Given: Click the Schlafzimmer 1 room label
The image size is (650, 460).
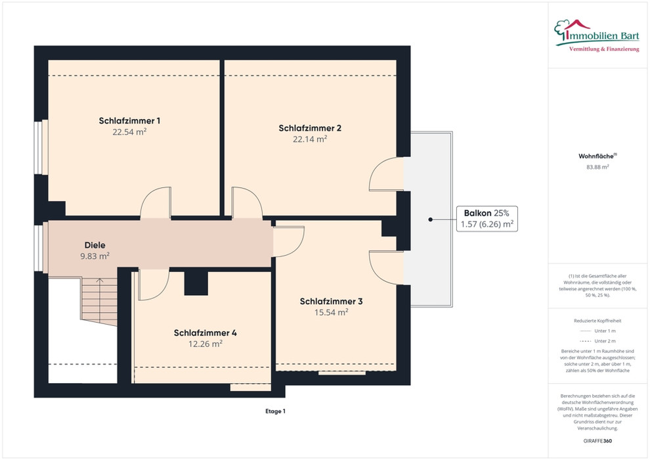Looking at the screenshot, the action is pyautogui.click(x=129, y=121).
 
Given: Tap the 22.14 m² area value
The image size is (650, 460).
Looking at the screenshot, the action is pyautogui.click(x=310, y=139).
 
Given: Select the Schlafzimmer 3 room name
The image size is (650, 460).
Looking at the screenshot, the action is pyautogui.click(x=331, y=301).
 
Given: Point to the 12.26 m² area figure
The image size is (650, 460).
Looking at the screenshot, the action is pyautogui.click(x=206, y=344).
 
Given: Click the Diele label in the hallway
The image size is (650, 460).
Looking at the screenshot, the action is pyautogui.click(x=95, y=244).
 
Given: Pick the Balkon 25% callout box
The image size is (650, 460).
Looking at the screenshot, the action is pyautogui.click(x=487, y=219).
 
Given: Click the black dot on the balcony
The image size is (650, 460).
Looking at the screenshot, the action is pyautogui.click(x=430, y=219).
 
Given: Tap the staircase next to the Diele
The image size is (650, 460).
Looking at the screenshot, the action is pyautogui.click(x=100, y=302).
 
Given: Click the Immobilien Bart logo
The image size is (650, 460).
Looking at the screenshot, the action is pyautogui.click(x=597, y=35).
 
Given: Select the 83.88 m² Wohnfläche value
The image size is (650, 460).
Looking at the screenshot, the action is pyautogui.click(x=597, y=167).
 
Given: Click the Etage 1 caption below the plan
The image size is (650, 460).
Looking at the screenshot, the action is pyautogui.click(x=275, y=411).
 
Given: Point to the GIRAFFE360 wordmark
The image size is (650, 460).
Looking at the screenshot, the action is pyautogui.click(x=597, y=441).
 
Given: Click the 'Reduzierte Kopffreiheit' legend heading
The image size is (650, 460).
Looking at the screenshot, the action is pyautogui.click(x=597, y=321).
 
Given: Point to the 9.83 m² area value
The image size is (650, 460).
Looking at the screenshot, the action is pyautogui.click(x=95, y=256).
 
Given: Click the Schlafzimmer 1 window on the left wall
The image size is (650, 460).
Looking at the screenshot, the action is pyautogui.click(x=40, y=147).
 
